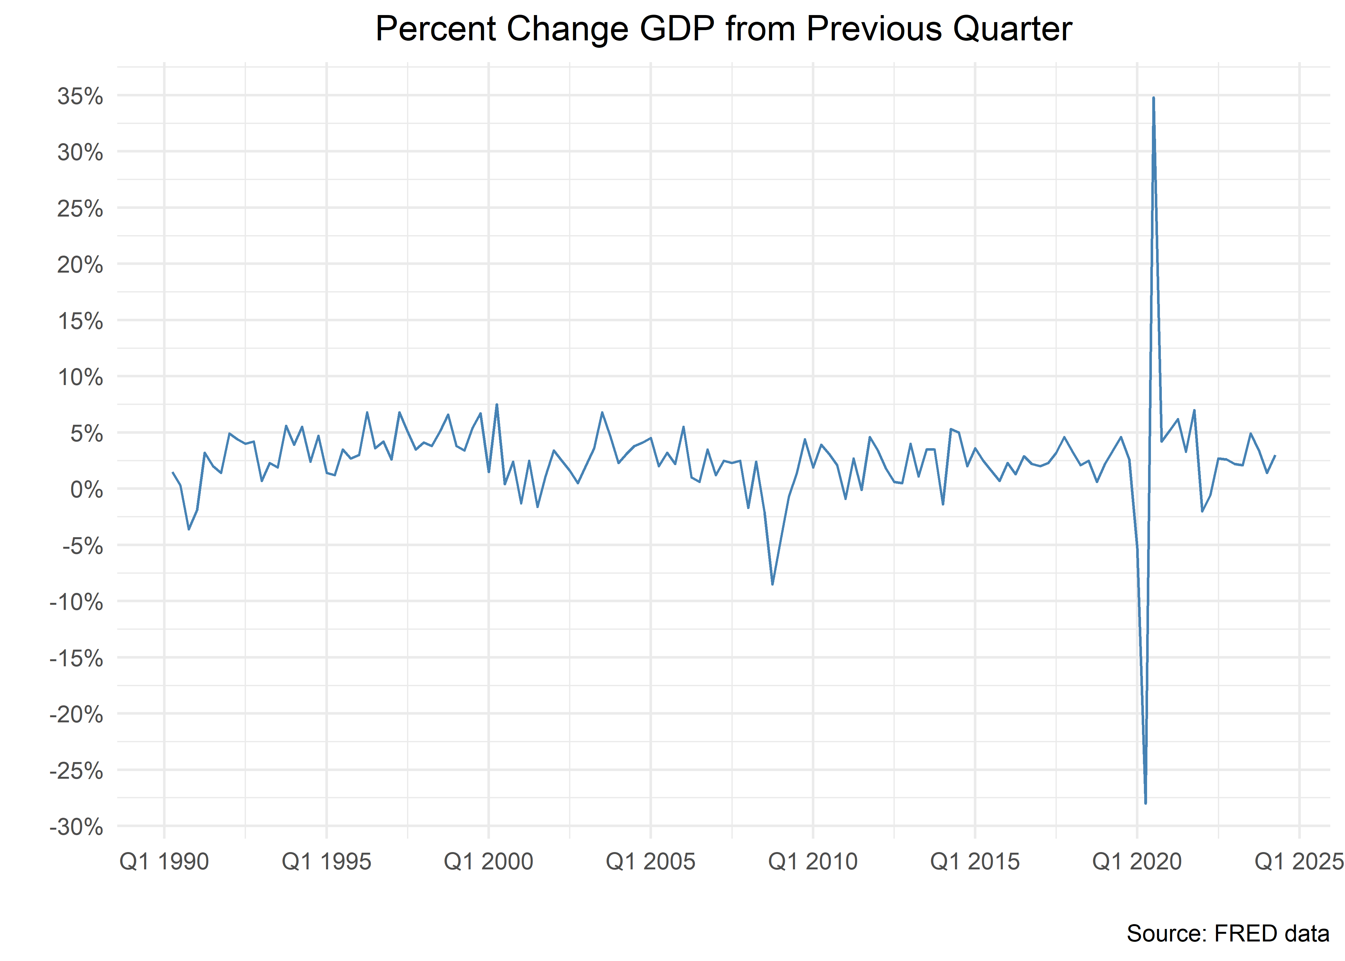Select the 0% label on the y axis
pyautogui.click(x=87, y=490)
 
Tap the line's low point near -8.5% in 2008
pyautogui.click(x=772, y=584)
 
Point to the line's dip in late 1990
pyautogui.click(x=189, y=529)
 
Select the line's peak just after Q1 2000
pyautogui.click(x=497, y=405)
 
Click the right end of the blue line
pyautogui.click(x=1275, y=456)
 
